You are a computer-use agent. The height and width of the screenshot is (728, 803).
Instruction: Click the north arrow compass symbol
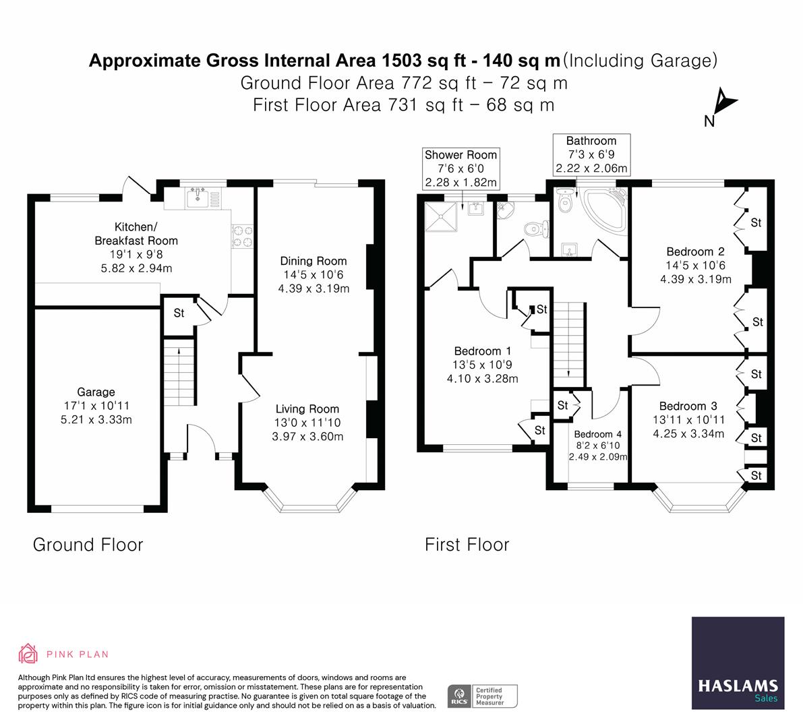723,104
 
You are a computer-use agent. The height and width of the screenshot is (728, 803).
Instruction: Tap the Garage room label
96,392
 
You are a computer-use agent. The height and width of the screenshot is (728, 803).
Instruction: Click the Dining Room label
314,261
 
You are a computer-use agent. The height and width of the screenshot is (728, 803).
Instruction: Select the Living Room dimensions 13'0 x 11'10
307,423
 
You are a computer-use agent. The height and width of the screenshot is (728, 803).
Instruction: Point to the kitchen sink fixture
199,195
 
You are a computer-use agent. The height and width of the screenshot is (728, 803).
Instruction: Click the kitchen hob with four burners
242,236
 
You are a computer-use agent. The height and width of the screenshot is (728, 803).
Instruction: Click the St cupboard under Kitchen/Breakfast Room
179,313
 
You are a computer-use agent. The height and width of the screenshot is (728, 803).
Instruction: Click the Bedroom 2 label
695,251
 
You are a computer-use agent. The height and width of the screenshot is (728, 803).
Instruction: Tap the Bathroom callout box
591,154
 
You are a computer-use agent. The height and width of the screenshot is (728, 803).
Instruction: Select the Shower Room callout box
460,169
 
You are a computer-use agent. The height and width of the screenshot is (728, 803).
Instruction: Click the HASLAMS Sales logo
738,663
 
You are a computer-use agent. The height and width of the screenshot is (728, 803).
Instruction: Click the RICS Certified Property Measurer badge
483,695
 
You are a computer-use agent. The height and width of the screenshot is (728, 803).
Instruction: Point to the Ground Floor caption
88,545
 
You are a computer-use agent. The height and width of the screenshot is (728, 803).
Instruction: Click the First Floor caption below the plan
467,545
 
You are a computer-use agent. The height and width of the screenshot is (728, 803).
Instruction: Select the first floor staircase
568,341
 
